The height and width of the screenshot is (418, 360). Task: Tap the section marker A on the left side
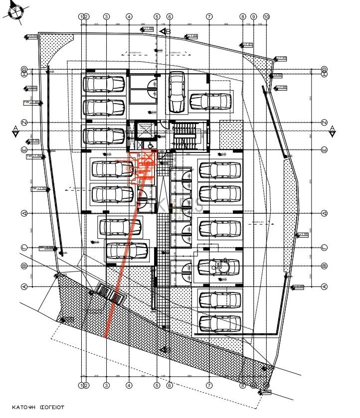click(x=15, y=131)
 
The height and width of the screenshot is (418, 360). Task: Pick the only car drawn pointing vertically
click(x=177, y=92)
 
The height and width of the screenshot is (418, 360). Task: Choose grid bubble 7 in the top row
click(x=209, y=16)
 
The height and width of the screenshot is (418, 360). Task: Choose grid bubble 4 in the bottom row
click(x=129, y=385)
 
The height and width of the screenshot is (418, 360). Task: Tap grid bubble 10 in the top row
click(x=266, y=16)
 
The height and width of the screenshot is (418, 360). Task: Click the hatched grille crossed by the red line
click(x=116, y=298)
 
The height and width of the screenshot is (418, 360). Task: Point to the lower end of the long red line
click(x=106, y=337)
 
